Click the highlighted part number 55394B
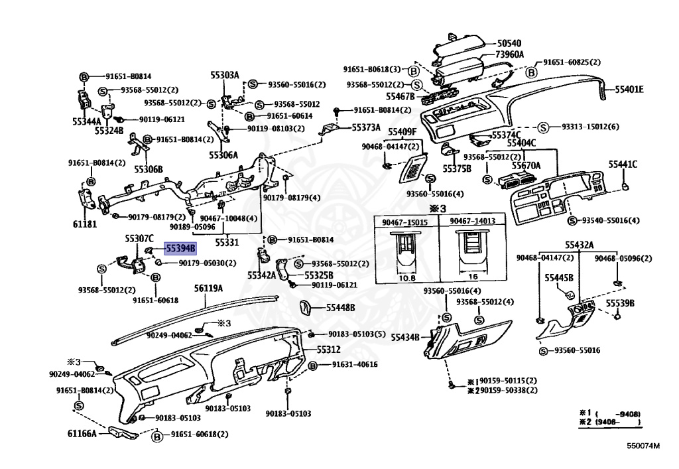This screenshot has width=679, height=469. click(180, 249)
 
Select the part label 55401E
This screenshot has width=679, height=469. click(629, 90)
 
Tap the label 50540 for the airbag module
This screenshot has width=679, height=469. click(509, 43)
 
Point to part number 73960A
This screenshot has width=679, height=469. click(510, 54)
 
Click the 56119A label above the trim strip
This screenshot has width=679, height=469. click(208, 288)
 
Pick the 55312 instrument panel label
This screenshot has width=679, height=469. click(328, 350)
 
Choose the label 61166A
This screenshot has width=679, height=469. click(82, 433)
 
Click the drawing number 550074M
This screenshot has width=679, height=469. click(643, 446)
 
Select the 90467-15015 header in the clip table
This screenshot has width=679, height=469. click(405, 222)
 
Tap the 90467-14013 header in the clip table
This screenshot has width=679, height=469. click(472, 221)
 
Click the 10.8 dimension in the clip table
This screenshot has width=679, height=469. click(406, 277)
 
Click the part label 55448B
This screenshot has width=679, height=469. click(340, 307)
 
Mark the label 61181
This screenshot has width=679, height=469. click(85, 224)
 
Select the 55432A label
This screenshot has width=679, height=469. click(580, 245)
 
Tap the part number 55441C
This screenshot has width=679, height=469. click(623, 164)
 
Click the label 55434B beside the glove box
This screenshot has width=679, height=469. click(405, 337)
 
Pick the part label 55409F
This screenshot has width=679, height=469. click(402, 131)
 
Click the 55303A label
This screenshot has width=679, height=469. click(225, 75)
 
